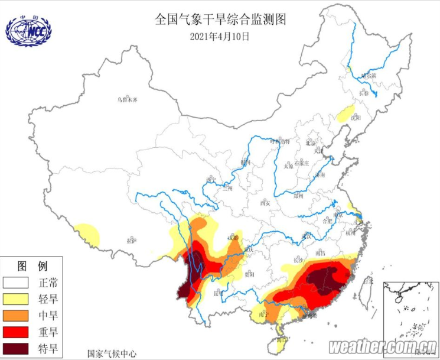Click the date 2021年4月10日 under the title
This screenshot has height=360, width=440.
click(x=220, y=36)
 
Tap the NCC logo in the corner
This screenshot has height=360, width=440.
click(x=28, y=31)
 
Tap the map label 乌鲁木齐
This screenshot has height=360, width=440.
click(x=126, y=100)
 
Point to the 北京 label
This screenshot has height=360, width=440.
click(x=311, y=143)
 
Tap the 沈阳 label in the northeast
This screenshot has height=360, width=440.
click(x=356, y=118)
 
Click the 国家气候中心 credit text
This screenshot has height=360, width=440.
click(x=112, y=353)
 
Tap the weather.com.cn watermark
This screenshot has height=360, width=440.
click(x=383, y=346)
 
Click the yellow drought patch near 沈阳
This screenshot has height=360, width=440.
click(x=346, y=113)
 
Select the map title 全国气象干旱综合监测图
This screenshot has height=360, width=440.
click(x=220, y=20)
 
